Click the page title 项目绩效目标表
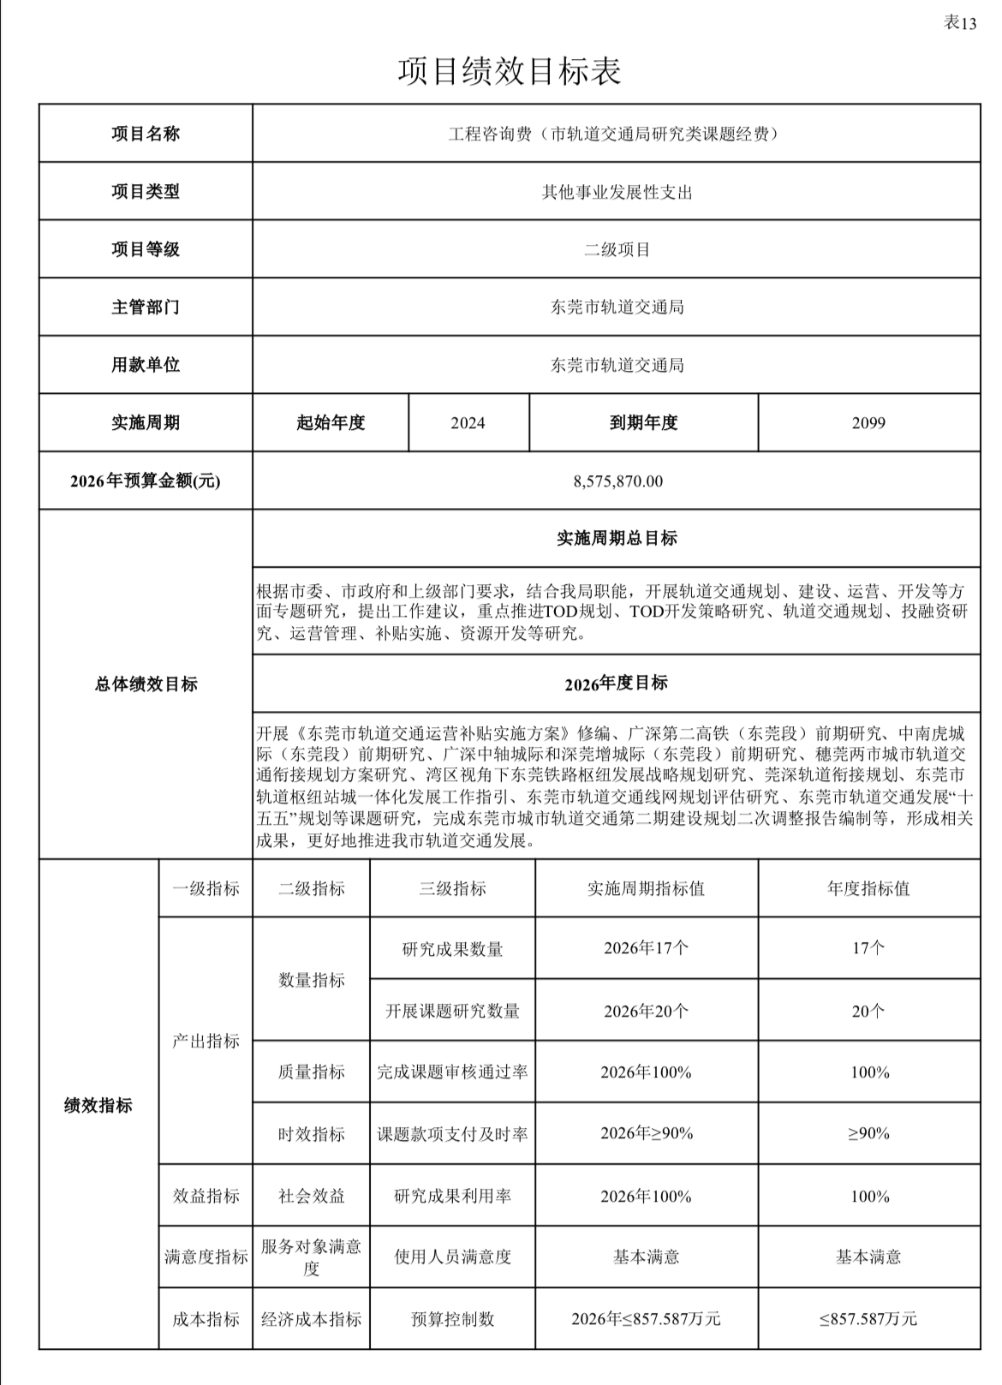pos(509,71)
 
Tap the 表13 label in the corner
pos(959,23)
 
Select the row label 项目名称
pos(146,134)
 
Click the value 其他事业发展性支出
pos(617,192)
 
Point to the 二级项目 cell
pos(617,250)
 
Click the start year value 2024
pos(468,423)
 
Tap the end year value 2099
pos(868,423)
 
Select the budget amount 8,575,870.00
pos(617,481)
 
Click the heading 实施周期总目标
pos(617,539)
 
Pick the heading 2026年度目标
pos(616,684)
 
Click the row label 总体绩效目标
pos(146,684)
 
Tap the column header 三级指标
pos(452,889)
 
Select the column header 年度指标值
pos(868,889)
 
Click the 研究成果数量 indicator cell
pos(452,949)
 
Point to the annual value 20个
pos(868,1012)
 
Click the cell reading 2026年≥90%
pos(647,1134)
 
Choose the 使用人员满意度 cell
pos(452,1257)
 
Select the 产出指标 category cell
pos(206,1041)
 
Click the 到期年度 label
pos(643,423)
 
